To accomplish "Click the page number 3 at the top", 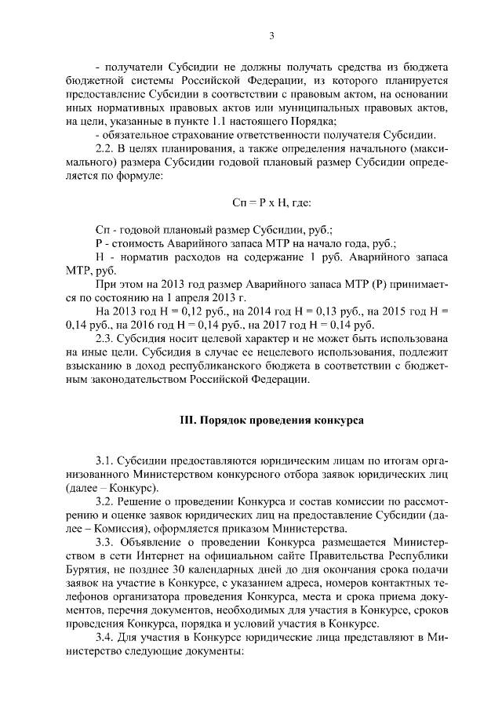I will pyautogui.click(x=271, y=35).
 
